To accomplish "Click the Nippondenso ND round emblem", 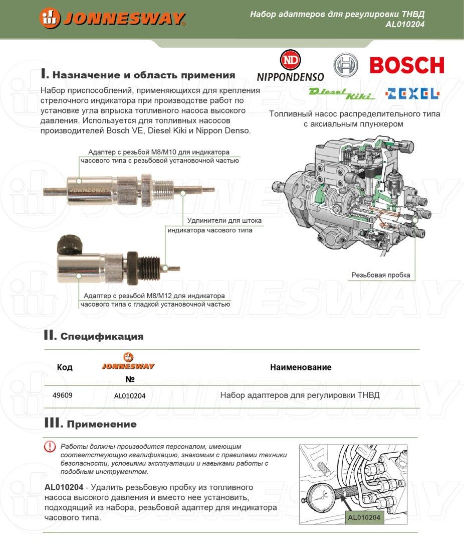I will tap(291, 60).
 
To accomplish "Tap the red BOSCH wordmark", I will tap(406, 65).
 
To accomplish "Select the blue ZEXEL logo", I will tap(419, 93).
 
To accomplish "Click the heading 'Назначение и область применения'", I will tap(138, 75).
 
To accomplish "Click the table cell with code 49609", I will tap(63, 395).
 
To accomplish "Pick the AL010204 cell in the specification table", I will tap(130, 395).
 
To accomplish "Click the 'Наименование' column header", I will tap(301, 367).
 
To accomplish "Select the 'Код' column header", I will tap(65, 367).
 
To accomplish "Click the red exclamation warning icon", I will tap(50, 446).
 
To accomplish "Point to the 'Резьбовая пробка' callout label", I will tap(380, 275).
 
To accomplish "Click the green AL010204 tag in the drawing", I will tap(364, 517).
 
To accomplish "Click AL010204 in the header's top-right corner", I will tap(405, 24).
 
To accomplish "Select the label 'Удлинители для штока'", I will tap(224, 220).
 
